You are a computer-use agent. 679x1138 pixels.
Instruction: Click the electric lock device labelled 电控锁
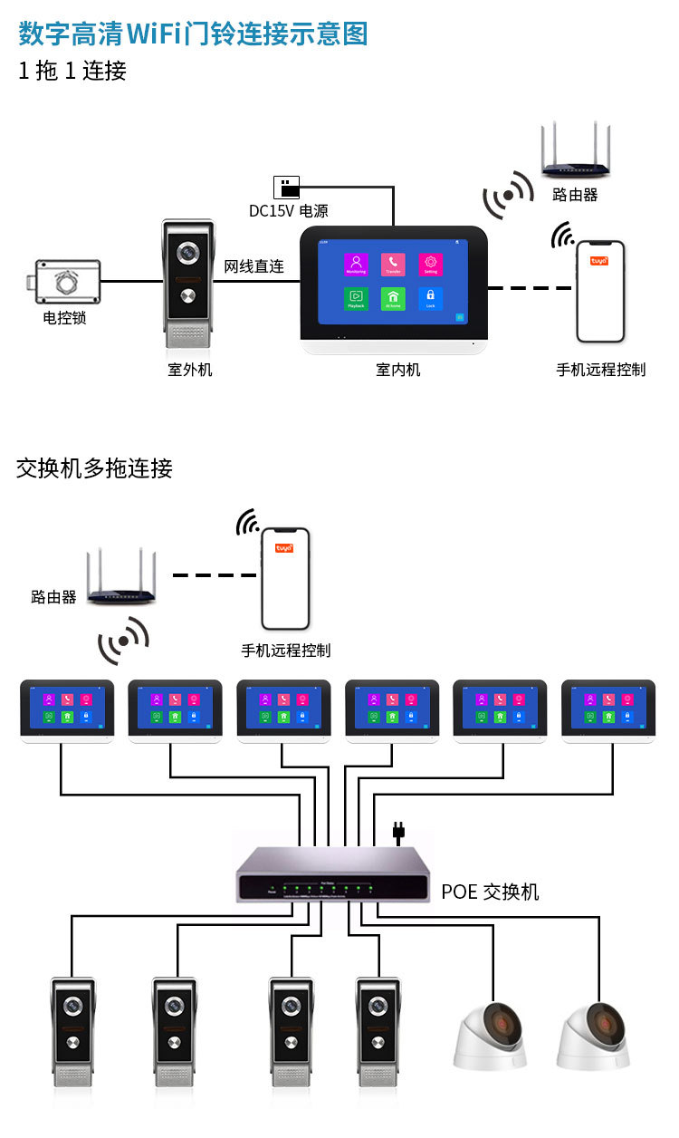pos(64,283)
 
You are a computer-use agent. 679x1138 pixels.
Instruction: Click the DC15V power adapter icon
pos(286,187)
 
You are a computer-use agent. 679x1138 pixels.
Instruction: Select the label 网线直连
pos(254,266)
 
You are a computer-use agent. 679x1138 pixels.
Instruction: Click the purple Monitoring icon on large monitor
pos(356,264)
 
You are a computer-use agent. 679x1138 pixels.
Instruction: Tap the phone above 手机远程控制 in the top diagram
pos(601,292)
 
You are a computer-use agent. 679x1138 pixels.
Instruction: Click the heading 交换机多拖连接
pos(94,468)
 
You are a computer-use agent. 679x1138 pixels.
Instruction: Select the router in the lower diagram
pos(121,581)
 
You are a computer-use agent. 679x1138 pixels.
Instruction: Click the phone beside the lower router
pos(285,579)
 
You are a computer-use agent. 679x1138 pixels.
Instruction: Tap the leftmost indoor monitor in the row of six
pos(67,711)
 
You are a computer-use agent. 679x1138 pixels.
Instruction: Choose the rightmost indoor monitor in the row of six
pos(608,711)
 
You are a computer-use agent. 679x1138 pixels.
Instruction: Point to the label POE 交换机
pos(490,892)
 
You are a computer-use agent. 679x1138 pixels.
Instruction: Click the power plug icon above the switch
pos(397,832)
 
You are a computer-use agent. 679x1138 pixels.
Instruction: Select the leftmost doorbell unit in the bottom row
pos(73,1032)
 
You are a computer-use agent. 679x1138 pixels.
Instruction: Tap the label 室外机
pos(189,370)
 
